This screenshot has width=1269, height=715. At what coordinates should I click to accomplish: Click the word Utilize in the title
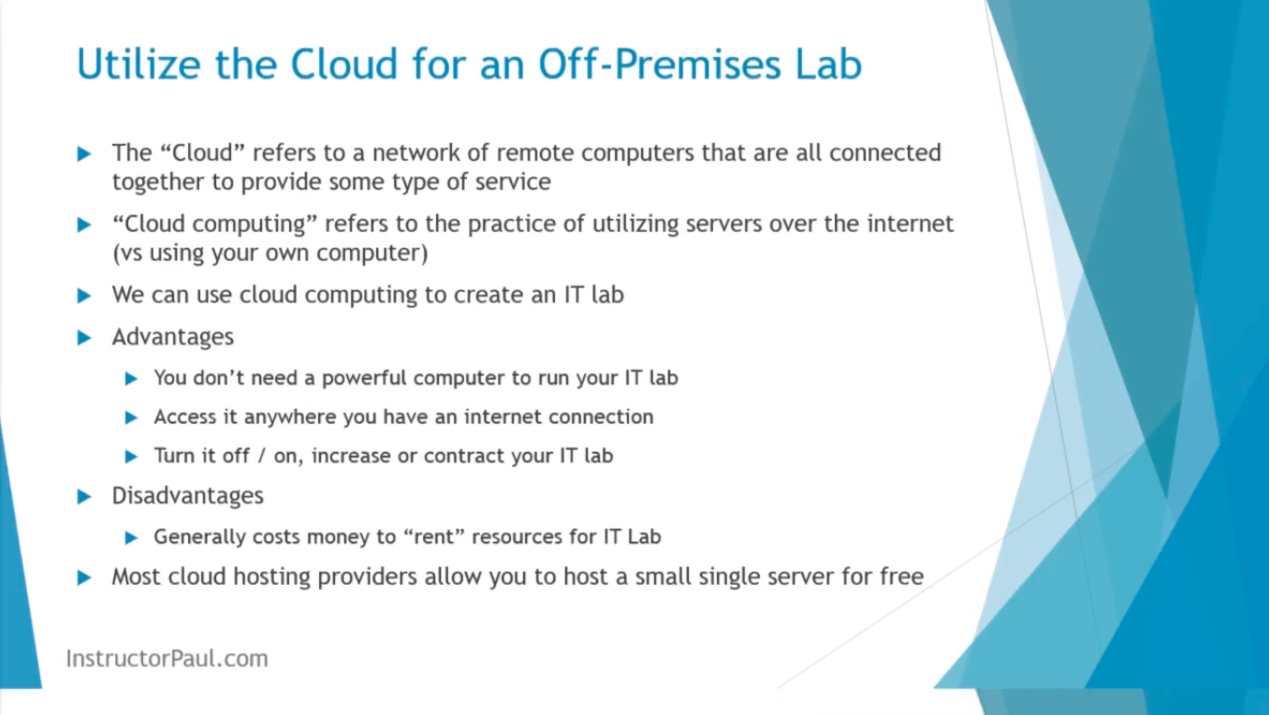pos(139,64)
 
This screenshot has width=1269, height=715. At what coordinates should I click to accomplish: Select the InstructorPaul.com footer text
pos(168,658)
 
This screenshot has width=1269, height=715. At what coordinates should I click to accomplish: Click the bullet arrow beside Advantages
pos(84,338)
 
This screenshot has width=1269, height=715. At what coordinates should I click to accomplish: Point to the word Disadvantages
pos(187,495)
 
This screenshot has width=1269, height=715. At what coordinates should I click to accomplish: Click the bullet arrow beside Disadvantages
pos(84,497)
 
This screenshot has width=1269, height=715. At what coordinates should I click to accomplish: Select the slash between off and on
pos(261,456)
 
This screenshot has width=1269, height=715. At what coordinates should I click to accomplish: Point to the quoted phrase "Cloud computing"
pos(214,225)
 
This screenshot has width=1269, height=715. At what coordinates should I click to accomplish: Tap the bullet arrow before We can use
pos(84,296)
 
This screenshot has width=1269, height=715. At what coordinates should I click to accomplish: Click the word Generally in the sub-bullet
pos(199,536)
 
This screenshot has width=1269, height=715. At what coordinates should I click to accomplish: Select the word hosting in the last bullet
pos(271,576)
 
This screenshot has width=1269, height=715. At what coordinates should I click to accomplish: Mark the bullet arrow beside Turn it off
pos(131,457)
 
